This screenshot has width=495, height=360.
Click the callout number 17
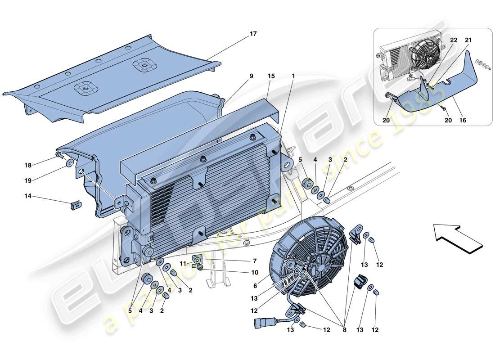253,34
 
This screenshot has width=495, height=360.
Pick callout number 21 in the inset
468,40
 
